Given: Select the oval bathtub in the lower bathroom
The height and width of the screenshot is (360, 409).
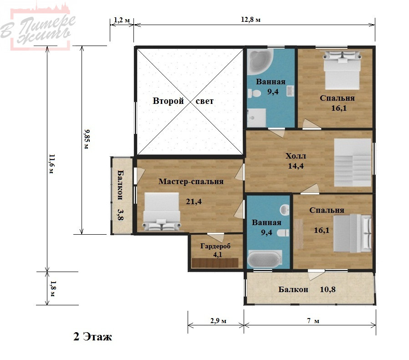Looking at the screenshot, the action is point(264,259).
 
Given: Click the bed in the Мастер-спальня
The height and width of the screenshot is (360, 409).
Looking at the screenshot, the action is point(162,212).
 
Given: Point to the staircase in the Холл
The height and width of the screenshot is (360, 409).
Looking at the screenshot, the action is point(353,162).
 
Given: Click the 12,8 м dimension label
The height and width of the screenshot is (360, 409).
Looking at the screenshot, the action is point(251,20).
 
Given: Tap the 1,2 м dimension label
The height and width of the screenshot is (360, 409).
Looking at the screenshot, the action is point(122,20).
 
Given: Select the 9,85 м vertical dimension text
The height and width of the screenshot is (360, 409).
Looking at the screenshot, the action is point(87,139).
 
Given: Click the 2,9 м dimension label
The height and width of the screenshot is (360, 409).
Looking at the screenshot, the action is point(218,320).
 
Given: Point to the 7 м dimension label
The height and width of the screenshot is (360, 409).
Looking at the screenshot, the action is point(313,320).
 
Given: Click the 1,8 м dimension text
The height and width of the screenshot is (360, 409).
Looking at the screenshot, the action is point(53,288).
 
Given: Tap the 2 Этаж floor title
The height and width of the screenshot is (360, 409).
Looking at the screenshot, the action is point(92,336).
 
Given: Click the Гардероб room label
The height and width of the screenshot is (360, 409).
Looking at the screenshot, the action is point(215,246).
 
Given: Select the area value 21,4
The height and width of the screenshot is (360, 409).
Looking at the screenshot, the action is point(194,201).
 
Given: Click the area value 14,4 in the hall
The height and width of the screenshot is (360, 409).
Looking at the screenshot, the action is point(296,166).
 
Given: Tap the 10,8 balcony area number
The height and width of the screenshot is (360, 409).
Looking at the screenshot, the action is point(327,289).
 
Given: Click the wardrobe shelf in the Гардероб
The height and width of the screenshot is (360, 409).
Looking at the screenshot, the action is point(215,262).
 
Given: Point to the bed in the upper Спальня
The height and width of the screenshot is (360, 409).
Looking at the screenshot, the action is point(342,70).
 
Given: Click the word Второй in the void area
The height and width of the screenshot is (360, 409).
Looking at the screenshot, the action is point(168,101).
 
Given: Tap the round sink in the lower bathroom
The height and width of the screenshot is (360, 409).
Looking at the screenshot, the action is point(285,209).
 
